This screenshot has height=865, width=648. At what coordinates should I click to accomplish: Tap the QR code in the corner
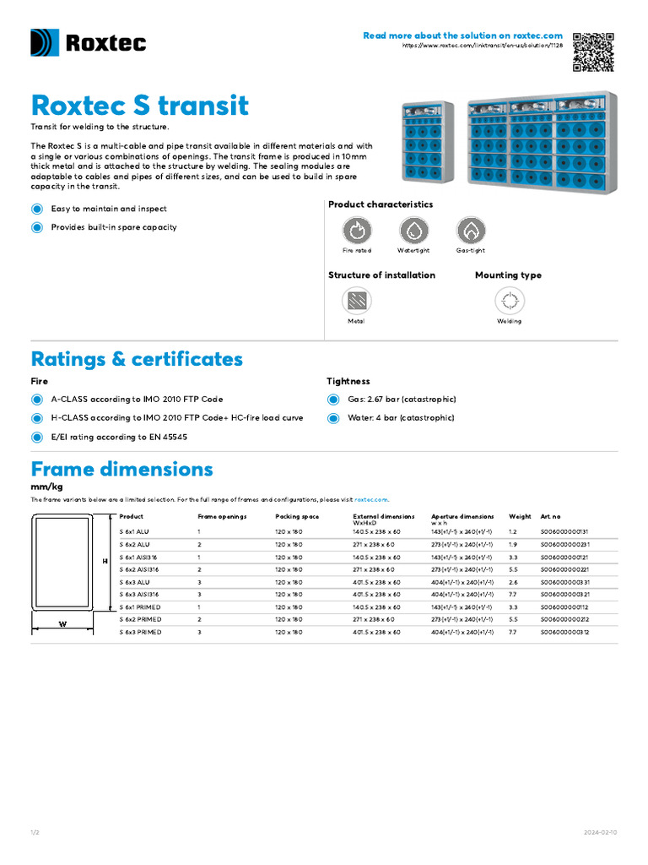(594, 52)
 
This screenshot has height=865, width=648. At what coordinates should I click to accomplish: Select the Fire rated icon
(357, 231)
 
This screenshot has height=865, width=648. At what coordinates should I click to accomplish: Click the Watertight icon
(413, 231)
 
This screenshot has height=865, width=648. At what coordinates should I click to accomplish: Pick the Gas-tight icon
(471, 231)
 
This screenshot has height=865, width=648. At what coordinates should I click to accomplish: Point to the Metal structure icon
(357, 301)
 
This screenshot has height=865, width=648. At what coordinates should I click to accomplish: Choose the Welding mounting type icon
(509, 301)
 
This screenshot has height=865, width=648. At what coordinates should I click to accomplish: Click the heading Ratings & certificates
(137, 359)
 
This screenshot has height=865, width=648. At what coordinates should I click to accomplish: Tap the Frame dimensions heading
(121, 469)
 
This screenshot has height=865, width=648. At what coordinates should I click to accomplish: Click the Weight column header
(520, 516)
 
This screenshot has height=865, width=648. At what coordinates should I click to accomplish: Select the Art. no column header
(550, 516)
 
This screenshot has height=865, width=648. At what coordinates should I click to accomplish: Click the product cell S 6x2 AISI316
(138, 570)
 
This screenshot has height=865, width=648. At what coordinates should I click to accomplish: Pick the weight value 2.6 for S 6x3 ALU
(514, 582)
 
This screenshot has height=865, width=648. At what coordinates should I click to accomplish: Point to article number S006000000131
(564, 532)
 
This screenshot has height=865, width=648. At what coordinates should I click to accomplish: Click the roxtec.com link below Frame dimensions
(371, 500)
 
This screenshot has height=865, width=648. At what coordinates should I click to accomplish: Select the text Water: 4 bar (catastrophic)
(401, 418)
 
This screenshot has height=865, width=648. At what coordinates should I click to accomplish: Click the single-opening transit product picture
(428, 142)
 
